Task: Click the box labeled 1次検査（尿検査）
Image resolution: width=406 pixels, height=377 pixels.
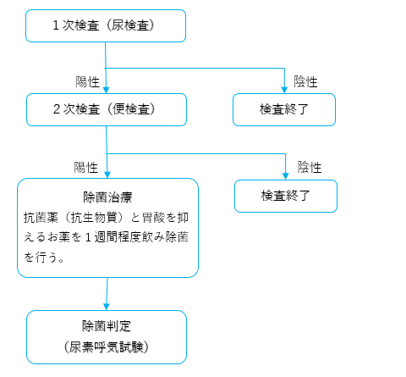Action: click(x=106, y=25)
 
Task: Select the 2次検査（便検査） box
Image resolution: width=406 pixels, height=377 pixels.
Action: click(x=106, y=109)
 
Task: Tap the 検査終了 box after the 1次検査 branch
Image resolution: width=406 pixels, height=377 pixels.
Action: click(x=284, y=109)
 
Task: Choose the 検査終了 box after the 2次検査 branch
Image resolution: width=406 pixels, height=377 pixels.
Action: click(x=285, y=196)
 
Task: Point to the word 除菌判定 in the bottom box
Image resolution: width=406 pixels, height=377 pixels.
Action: click(x=107, y=327)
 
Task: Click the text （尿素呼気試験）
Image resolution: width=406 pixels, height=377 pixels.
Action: click(x=107, y=347)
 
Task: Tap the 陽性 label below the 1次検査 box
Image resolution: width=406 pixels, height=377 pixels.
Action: click(x=88, y=81)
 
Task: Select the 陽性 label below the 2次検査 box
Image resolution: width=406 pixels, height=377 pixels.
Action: click(x=88, y=167)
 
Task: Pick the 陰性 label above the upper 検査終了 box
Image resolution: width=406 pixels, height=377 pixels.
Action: click(x=305, y=81)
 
